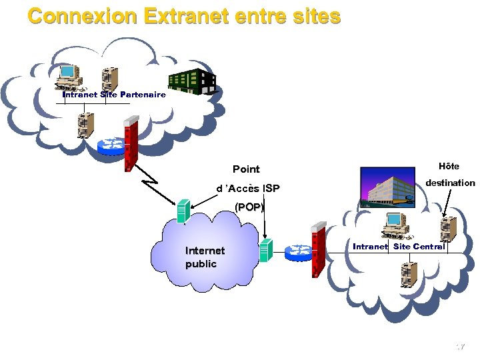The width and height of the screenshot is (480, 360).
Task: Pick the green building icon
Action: pos(192,81)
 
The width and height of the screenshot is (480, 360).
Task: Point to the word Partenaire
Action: pos(143,95)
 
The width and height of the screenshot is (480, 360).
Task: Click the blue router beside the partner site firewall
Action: pos(111,145)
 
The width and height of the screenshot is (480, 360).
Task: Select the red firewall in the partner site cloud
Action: pos(131,143)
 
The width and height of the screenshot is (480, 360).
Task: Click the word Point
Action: pos(246,169)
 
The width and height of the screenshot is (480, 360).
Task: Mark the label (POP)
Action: pos(249,207)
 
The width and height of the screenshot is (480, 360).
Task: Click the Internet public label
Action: pos(205,257)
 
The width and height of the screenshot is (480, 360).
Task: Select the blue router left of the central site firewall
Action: pos(298,251)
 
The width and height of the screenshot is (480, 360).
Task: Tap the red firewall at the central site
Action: pos(318,250)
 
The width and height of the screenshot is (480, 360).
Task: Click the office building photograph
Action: pos(387,187)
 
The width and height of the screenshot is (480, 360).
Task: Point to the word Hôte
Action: pos(449,166)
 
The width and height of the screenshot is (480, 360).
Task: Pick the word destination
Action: pos(451,183)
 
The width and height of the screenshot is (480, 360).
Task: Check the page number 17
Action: pos(459,347)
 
